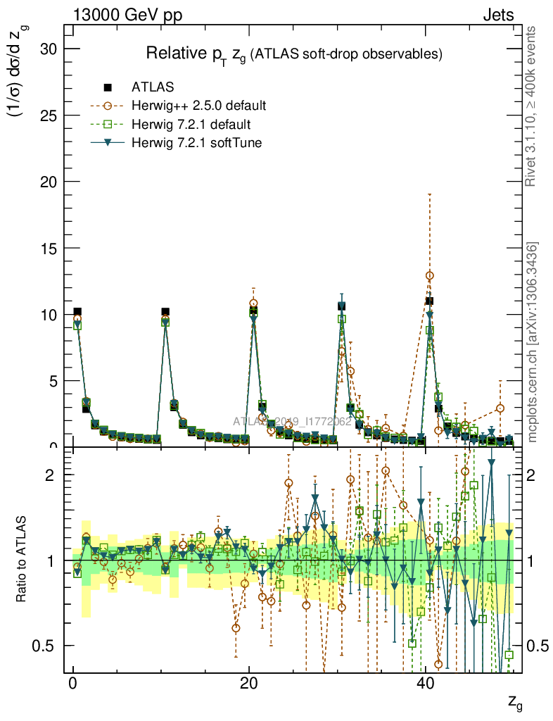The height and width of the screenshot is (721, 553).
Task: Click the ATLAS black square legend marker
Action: [108, 87]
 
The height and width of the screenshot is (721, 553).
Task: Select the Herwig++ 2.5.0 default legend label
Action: [198, 106]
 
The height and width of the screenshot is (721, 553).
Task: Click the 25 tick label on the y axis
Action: [49, 115]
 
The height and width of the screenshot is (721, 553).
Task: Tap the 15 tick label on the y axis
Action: [49, 248]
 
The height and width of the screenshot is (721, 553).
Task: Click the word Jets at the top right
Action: [497, 15]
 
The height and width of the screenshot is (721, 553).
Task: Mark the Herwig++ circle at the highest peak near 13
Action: [430, 275]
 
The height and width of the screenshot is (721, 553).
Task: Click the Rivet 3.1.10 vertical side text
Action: [532, 106]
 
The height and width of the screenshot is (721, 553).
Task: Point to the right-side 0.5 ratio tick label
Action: [539, 646]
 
